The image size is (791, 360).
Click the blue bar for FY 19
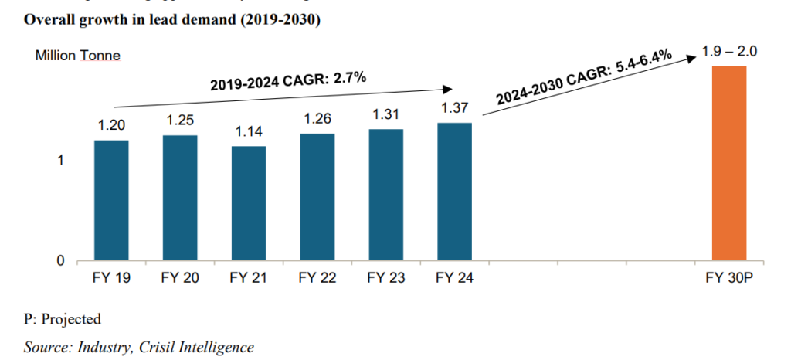pyautogui.click(x=111, y=200)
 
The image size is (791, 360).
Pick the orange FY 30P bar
pyautogui.click(x=728, y=163)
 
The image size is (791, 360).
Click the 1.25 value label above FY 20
pyautogui.click(x=180, y=121)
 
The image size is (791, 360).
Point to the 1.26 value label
pyautogui.click(x=317, y=119)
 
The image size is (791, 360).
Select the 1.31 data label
pyautogui.click(x=386, y=114)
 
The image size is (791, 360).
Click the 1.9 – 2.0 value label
pyautogui.click(x=728, y=52)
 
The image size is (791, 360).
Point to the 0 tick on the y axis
pyautogui.click(x=60, y=261)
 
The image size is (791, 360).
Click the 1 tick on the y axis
pyautogui.click(x=60, y=161)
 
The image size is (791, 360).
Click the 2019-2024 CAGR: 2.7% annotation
pyautogui.click(x=287, y=80)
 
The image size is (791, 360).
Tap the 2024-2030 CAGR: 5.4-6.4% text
pyautogui.click(x=584, y=77)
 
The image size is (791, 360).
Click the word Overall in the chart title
pyautogui.click(x=49, y=19)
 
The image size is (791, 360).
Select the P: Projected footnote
pyautogui.click(x=62, y=319)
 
